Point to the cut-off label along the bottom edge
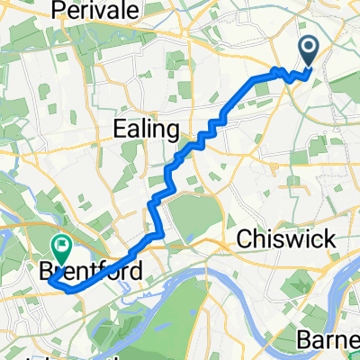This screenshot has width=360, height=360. point(90,356)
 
